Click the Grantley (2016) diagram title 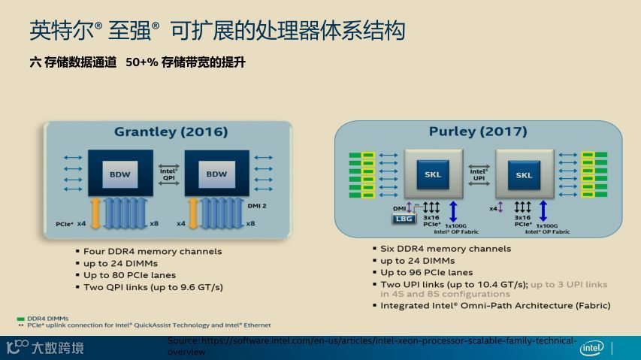coord(171,132)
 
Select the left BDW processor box coord(120,174)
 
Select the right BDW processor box coord(216,174)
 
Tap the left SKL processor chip coord(433,174)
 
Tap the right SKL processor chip coord(524,174)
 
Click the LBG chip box coord(404,219)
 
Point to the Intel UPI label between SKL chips coord(479,174)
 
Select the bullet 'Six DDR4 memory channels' coord(446,249)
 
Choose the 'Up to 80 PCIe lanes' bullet coord(134,275)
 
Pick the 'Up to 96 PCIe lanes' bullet coord(427,272)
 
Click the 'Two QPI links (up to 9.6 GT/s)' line coord(153,287)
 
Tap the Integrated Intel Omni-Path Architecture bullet coord(495,306)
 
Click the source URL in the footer coord(372,345)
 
